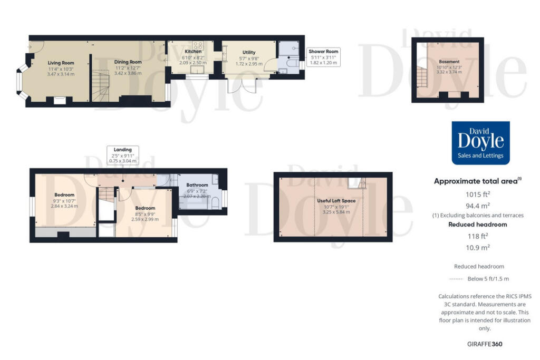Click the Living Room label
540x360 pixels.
(x=61, y=63)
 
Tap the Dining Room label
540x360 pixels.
(x=128, y=62)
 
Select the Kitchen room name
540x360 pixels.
(x=192, y=52)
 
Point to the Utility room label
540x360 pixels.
(x=248, y=52)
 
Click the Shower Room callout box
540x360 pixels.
(x=324, y=57)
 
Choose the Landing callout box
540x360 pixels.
(x=122, y=154)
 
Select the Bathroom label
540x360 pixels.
(x=197, y=185)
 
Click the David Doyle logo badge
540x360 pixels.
(x=480, y=143)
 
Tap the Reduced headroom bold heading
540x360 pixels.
(x=478, y=225)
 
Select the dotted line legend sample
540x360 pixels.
(x=456, y=279)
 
